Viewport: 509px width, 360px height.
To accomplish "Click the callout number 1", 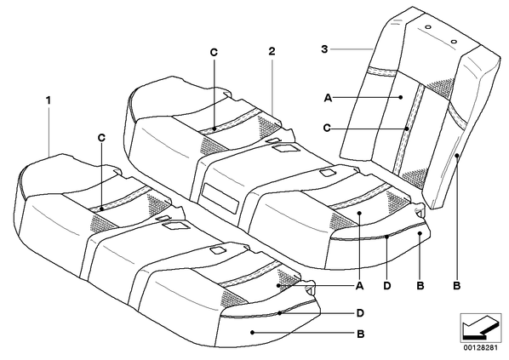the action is (x=49, y=100).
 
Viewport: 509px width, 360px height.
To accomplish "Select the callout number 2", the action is (x=272, y=51).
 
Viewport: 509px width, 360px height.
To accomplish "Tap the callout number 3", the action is (x=324, y=49).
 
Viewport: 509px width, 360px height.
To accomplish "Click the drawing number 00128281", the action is (x=480, y=348).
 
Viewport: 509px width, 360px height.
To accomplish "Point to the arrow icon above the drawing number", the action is (x=480, y=327).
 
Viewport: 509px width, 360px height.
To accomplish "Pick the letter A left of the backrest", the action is (x=329, y=98).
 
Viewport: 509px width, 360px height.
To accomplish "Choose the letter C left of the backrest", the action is (x=327, y=129).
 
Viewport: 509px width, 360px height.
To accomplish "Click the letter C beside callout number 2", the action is (x=214, y=52).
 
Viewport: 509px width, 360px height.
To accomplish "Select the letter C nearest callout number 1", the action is (x=101, y=138).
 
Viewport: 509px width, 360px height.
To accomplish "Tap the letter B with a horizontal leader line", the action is (x=361, y=334).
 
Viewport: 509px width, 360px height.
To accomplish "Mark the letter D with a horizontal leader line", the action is (x=360, y=313).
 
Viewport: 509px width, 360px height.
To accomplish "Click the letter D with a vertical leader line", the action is (x=387, y=286).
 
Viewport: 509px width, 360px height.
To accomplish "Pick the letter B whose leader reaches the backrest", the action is (x=457, y=286).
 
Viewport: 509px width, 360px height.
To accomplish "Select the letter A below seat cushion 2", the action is (x=359, y=286).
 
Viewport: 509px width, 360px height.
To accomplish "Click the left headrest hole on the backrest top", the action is (x=428, y=27).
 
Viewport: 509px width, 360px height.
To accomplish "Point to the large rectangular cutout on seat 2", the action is (x=220, y=198).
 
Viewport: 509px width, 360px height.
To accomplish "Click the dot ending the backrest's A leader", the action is (x=401, y=97).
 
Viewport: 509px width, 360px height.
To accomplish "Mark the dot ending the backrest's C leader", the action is (x=407, y=129).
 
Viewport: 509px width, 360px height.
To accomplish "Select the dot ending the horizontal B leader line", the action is (x=252, y=332).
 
